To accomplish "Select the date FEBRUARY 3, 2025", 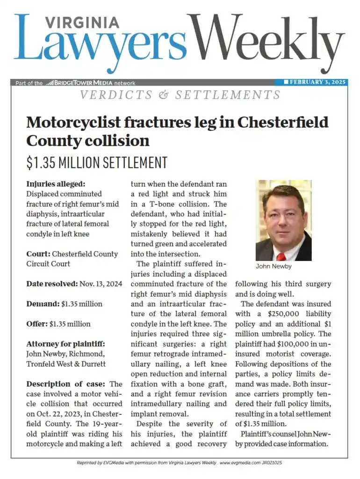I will tap(317, 82).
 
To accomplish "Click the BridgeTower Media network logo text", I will tap(79, 83).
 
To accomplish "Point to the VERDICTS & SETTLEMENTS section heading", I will tap(180, 95).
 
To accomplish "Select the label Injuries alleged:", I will tap(56, 184).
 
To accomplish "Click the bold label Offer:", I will tap(37, 324).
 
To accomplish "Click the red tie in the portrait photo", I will tap(281, 256).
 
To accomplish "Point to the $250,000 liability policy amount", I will tap(288, 313).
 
